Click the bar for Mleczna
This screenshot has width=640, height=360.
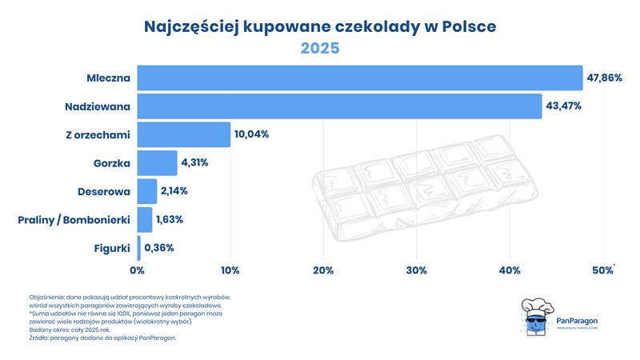coord(359,78)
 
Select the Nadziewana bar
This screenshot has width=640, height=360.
coord(339,106)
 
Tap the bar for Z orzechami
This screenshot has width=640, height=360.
coord(184,134)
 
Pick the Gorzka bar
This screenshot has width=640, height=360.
coord(157,162)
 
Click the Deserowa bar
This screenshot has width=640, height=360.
coord(147,191)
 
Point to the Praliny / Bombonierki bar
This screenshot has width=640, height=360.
coord(145,219)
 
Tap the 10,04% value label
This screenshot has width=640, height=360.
coord(251,134)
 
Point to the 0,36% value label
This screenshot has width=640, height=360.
coord(159,248)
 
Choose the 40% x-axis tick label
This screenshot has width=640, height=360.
coord(509,271)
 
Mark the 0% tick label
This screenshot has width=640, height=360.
coord(137,271)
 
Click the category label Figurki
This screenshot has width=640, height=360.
coord(110,248)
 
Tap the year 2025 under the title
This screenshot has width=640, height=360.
coord(320,48)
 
